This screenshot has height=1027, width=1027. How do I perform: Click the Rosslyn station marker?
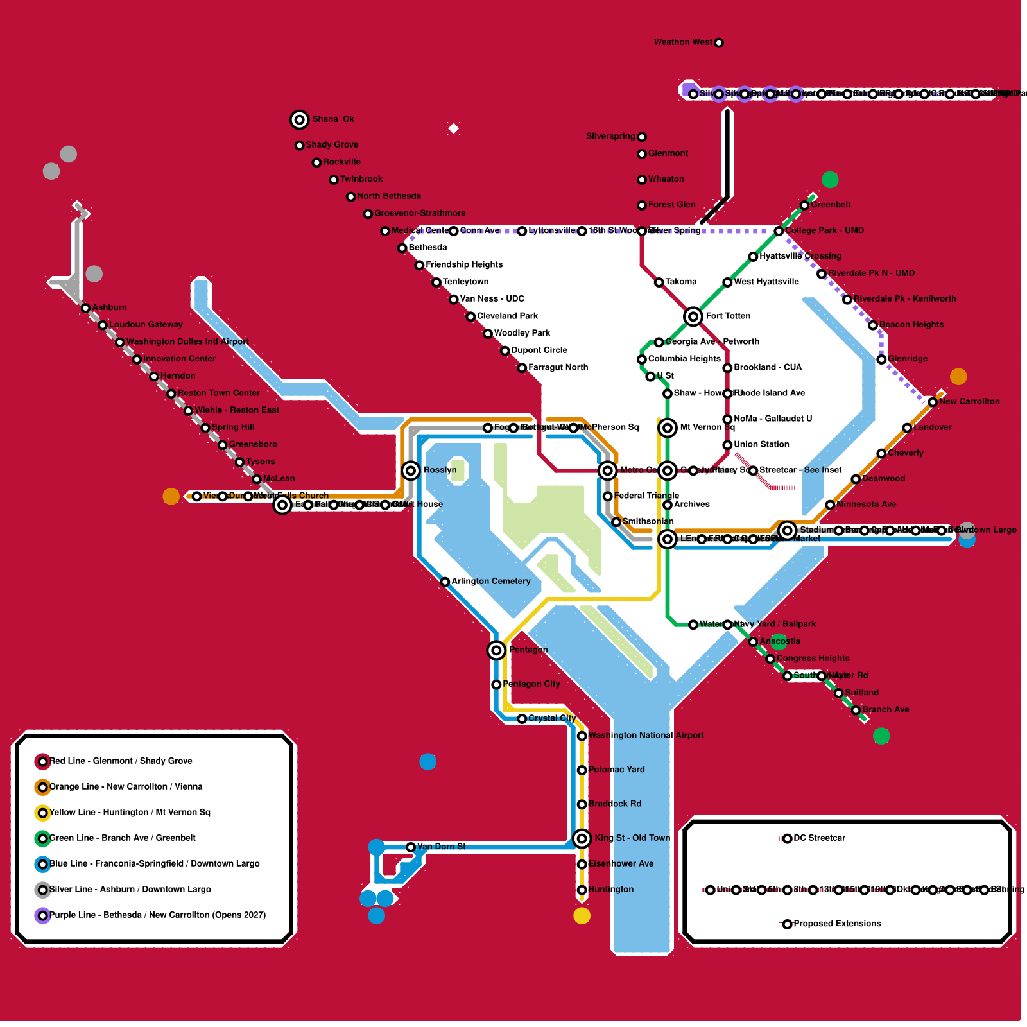point(411,470)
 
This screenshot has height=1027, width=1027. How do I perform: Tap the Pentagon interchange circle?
point(496,650)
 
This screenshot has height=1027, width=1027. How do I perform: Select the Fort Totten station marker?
point(693,316)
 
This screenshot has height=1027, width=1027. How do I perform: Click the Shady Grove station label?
point(332,145)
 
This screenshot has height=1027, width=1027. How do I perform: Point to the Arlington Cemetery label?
point(491,582)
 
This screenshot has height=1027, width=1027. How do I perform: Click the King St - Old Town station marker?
point(582,838)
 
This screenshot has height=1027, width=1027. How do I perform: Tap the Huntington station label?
point(610,890)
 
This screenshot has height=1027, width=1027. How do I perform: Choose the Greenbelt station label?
point(831,205)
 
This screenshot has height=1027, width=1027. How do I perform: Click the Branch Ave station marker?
point(856,710)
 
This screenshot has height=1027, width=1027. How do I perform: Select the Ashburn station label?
point(109,307)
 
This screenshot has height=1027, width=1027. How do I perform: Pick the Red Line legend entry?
point(121,761)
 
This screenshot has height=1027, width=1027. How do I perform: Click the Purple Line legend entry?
point(157,915)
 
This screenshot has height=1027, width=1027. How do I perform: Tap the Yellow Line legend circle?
point(42,813)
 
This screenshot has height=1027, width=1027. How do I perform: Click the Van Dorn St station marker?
point(411,847)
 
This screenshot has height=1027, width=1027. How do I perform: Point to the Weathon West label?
point(682,42)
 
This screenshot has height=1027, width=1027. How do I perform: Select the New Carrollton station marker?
point(933,402)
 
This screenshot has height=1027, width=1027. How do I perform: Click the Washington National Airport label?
point(646,736)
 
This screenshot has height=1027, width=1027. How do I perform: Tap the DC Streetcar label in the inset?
point(819,838)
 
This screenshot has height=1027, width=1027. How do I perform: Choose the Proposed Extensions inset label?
point(837,924)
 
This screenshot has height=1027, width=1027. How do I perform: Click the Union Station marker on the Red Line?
point(727,445)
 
